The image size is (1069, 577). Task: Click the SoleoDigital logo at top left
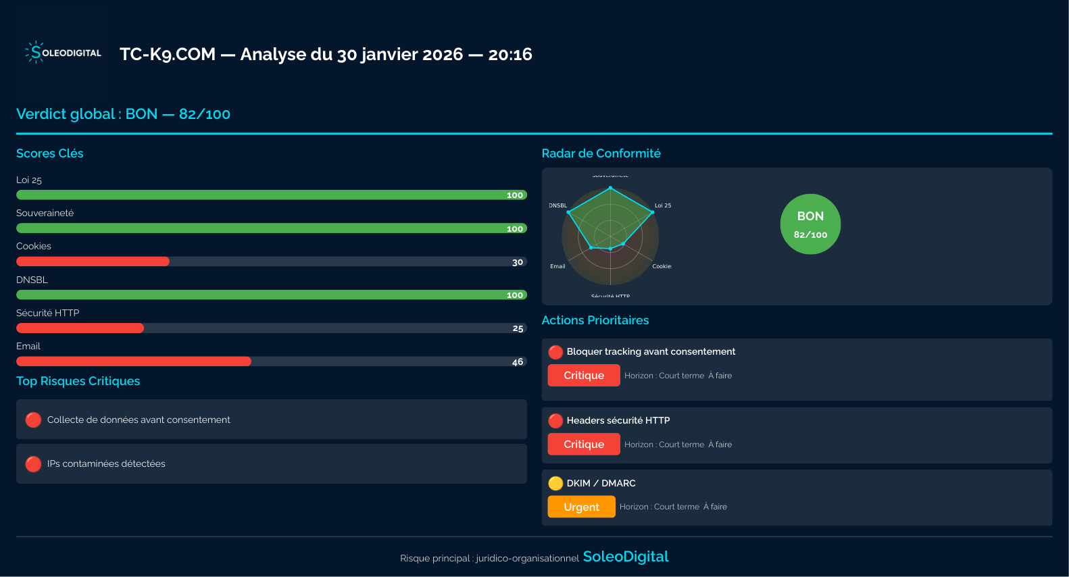(x=63, y=53)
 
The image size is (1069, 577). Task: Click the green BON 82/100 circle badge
(x=810, y=224)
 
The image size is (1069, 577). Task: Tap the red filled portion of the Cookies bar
(x=93, y=261)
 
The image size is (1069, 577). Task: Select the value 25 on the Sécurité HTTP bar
(x=518, y=328)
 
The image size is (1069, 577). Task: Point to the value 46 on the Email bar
(x=518, y=362)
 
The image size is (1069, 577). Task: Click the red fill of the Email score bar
(x=133, y=361)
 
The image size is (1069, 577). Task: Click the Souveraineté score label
(x=45, y=213)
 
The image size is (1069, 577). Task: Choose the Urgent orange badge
(x=581, y=507)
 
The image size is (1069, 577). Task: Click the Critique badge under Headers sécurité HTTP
(x=584, y=445)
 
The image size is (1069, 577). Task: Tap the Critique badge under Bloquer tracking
(x=584, y=376)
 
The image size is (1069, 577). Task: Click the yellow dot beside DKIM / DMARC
(x=555, y=483)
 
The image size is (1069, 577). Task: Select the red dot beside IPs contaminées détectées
(x=33, y=464)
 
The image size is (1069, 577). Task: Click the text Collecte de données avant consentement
(x=139, y=420)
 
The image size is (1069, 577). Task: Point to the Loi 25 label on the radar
(x=663, y=205)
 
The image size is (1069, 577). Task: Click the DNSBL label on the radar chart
(x=558, y=205)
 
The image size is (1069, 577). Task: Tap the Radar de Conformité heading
(x=601, y=153)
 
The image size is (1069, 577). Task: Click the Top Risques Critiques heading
(x=78, y=381)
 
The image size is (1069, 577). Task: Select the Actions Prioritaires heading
(x=595, y=320)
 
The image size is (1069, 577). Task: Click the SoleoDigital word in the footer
(x=625, y=557)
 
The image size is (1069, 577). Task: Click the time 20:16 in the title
(x=510, y=54)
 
